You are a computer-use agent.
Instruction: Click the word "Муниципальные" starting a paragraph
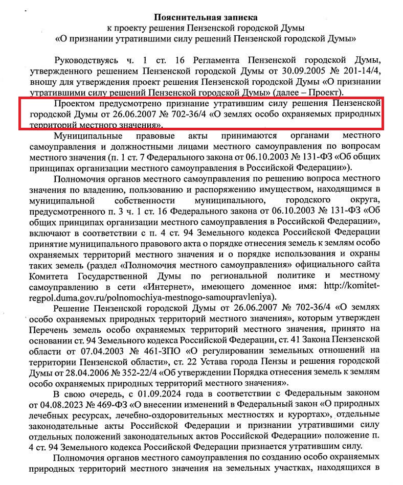tap(86, 136)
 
